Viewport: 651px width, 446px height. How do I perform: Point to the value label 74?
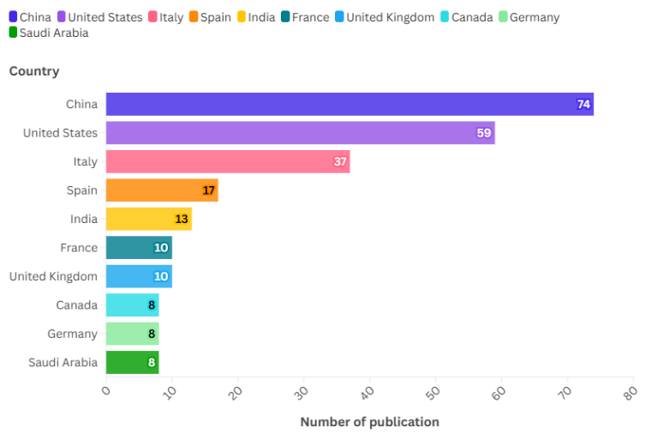(583, 105)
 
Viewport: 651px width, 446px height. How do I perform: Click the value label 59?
(484, 133)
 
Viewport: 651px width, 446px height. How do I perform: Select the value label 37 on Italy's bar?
(340, 162)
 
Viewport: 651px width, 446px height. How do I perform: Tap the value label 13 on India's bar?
(181, 219)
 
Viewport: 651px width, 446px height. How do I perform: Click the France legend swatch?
(284, 17)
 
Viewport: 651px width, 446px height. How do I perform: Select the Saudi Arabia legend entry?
(51, 33)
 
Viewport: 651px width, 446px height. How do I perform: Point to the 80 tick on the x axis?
(630, 394)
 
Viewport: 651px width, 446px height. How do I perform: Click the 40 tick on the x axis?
(367, 394)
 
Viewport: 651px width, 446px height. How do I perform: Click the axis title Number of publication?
(369, 422)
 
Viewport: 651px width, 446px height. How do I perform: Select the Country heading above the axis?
(34, 71)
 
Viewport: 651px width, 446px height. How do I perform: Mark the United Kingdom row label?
(53, 276)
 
